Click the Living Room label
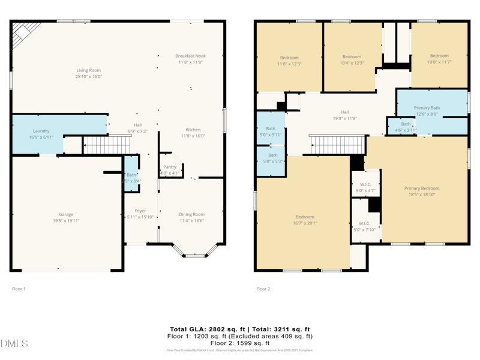[x=88, y=70]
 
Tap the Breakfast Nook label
[x=190, y=56]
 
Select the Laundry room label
[x=41, y=131]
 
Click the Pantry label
[x=170, y=167]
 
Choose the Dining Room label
[x=191, y=214]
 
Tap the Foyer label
[x=140, y=211]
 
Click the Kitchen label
[x=193, y=130]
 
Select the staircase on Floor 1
[x=106, y=145]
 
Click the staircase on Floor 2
[x=337, y=145]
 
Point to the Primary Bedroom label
[x=421, y=188]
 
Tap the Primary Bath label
[x=427, y=108]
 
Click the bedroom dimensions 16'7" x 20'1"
[x=304, y=223]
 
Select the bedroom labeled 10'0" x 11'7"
[x=439, y=62]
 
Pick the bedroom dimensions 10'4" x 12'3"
[x=352, y=63]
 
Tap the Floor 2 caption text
[x=263, y=289]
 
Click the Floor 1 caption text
[x=19, y=289]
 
